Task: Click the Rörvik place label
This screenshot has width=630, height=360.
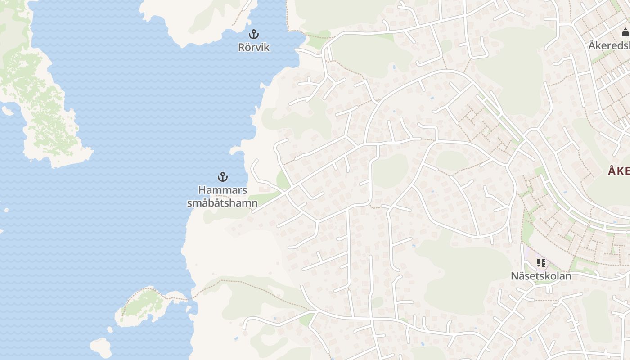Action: tap(254, 47)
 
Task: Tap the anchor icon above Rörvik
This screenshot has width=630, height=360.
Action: tap(254, 34)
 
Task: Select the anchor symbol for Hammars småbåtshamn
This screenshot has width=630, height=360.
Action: tap(222, 176)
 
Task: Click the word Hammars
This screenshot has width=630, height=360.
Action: tap(223, 190)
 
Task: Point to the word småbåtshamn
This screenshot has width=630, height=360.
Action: tap(222, 203)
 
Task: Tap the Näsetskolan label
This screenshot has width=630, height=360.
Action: tap(541, 276)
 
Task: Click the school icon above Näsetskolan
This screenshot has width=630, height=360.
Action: tap(541, 262)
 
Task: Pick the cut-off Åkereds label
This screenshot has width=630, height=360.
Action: tap(609, 45)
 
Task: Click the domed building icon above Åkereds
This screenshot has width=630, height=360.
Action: tap(625, 32)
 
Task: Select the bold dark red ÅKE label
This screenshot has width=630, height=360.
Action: tap(619, 171)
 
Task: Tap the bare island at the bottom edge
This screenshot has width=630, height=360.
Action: tap(101, 347)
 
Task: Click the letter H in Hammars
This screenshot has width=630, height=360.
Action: tap(202, 190)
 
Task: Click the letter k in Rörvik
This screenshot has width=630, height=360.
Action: tap(267, 47)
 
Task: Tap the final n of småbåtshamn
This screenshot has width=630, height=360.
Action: tap(255, 203)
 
